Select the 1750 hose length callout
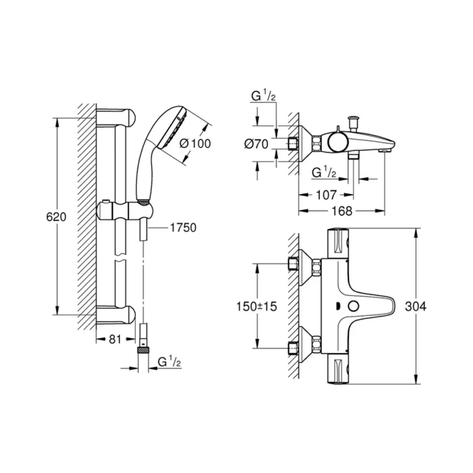[183, 226]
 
